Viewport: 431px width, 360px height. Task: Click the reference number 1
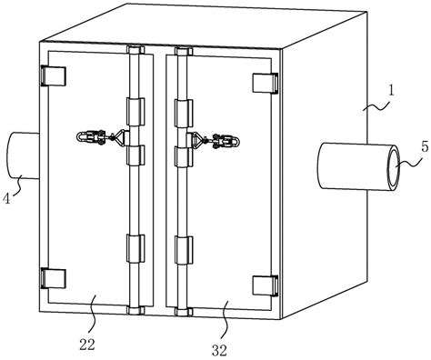pos(391,91)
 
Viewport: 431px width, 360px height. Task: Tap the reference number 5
pos(425,147)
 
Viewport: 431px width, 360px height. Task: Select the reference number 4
pos(6,199)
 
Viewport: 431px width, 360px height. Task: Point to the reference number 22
pos(87,345)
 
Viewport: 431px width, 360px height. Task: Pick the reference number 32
pos(219,350)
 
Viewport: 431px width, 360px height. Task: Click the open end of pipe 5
pos(394,168)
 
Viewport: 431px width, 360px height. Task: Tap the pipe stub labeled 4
pos(23,155)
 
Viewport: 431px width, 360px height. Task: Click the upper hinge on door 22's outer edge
pos(53,75)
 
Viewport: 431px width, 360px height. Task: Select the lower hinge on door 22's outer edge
pos(53,278)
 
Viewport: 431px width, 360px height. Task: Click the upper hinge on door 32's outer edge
pos(266,83)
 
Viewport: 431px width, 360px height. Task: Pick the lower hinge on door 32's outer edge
pos(266,285)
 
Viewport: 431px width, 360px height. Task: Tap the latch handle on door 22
pos(101,138)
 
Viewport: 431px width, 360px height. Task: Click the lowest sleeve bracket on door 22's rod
pos(135,248)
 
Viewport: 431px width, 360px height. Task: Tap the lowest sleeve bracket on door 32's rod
pos(184,250)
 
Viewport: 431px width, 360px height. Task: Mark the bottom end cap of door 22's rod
pos(135,310)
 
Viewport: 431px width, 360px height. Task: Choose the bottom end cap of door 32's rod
pos(184,312)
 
